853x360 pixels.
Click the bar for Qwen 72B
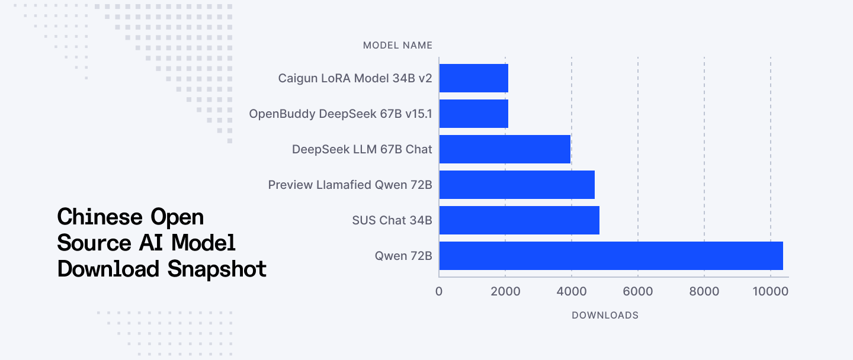coord(611,256)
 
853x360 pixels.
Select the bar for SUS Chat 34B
coord(519,220)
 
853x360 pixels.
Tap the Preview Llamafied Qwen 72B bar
coord(517,185)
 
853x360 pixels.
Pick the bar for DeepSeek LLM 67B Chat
coord(505,149)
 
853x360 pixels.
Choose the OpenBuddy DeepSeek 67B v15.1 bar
coord(473,114)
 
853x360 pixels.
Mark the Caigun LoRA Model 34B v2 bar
coord(473,78)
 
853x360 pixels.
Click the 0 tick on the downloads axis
coord(439,291)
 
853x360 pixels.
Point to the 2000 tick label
coord(505,291)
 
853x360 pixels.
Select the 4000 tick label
coord(572,291)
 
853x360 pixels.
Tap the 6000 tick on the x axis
coord(638,291)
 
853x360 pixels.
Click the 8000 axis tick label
coord(704,291)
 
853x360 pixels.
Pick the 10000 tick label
coord(770,291)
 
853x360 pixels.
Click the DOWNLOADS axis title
coord(605,315)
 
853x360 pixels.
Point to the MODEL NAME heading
coord(397,45)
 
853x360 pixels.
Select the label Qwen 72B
coord(403,256)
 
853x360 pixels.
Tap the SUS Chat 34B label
coord(392,220)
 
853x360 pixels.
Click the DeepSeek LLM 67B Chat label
coord(362,149)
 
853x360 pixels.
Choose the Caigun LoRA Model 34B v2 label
coord(355,78)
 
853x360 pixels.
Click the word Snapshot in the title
coord(217,269)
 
